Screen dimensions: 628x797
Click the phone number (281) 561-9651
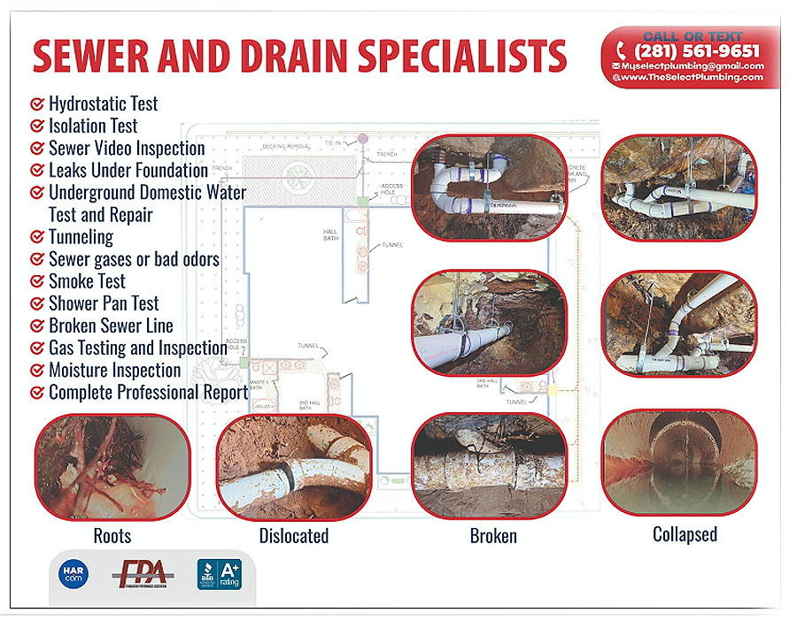pyautogui.click(x=697, y=51)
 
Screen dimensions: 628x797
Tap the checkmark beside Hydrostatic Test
pyautogui.click(x=37, y=103)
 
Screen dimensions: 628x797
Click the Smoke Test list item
pyautogui.click(x=87, y=281)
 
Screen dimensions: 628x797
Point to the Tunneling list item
pyautogui.click(x=81, y=237)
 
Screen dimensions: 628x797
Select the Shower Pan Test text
pyautogui.click(x=104, y=303)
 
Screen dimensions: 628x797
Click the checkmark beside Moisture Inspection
pyautogui.click(x=37, y=371)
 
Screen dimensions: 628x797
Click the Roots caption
pyautogui.click(x=112, y=536)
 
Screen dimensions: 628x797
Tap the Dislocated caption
pyautogui.click(x=294, y=536)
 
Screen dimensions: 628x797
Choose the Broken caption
pyautogui.click(x=493, y=536)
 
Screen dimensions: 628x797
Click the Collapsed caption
pyautogui.click(x=685, y=534)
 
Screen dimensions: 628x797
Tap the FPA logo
pyautogui.click(x=142, y=576)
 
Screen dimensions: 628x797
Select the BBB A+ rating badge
pyautogui.click(x=218, y=576)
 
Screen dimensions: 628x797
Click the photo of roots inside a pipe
pyautogui.click(x=112, y=466)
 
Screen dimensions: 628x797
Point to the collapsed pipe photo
pyautogui.click(x=679, y=462)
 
